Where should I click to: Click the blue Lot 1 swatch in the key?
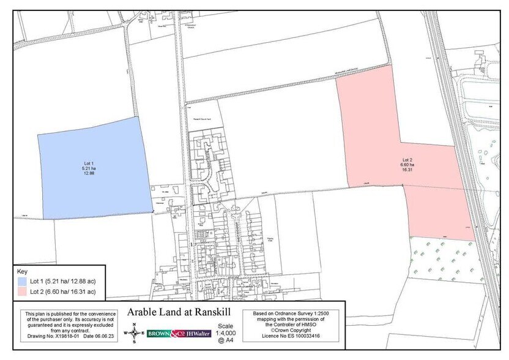(x=22, y=281)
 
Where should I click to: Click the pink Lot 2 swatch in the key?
(x=22, y=291)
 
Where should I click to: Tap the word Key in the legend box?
(x=22, y=271)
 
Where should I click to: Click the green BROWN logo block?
(x=158, y=334)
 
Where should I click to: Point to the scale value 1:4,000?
(x=226, y=332)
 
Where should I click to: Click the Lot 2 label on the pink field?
(x=407, y=159)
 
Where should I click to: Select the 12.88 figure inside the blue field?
(x=88, y=173)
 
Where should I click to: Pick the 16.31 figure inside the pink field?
(x=407, y=170)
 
